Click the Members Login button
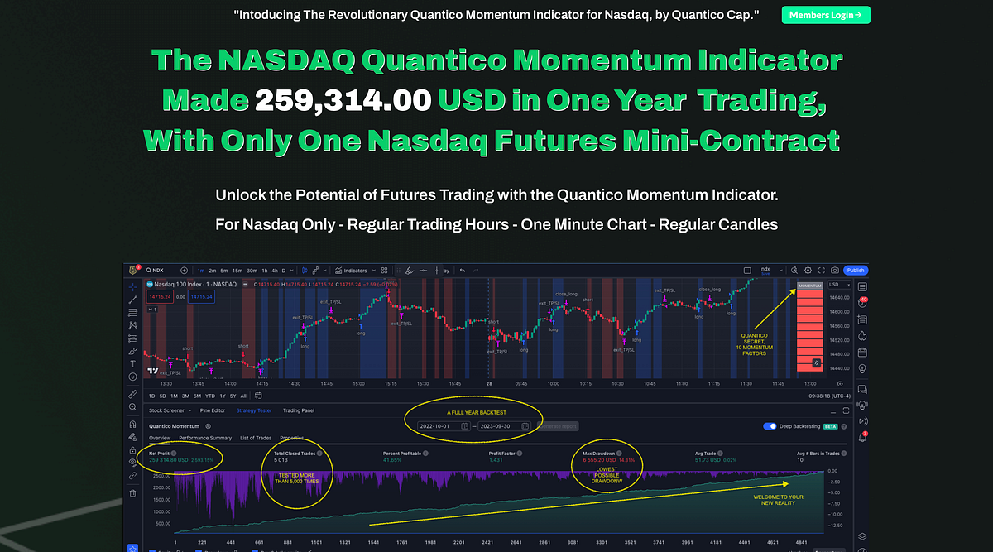(x=825, y=15)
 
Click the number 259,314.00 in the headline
(x=343, y=100)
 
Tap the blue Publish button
(x=855, y=270)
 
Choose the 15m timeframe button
(x=237, y=270)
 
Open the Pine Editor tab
(x=213, y=410)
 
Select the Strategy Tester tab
(x=254, y=410)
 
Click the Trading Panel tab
(x=299, y=410)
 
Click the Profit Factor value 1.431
(x=496, y=459)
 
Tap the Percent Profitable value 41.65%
(x=392, y=459)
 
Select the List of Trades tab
(x=256, y=438)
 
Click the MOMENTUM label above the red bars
(x=809, y=286)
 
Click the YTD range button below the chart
(x=209, y=396)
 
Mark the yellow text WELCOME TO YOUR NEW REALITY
(x=778, y=501)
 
